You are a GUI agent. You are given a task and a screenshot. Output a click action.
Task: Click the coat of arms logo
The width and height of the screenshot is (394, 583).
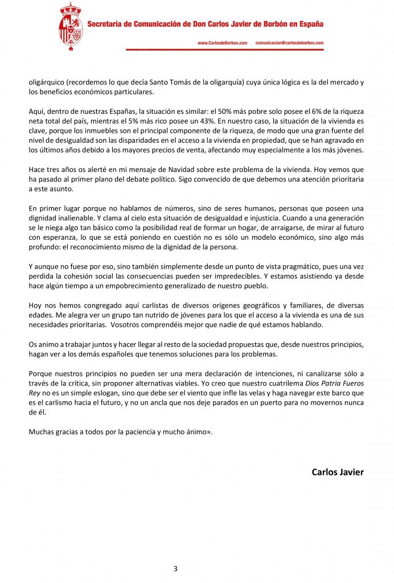point(71,28)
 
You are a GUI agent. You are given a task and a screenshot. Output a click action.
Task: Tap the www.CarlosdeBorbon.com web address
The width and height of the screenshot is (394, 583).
point(223,43)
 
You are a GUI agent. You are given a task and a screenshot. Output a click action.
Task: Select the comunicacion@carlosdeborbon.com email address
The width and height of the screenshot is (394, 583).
point(289,43)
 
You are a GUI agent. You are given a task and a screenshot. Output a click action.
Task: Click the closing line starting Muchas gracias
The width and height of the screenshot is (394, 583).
point(120,432)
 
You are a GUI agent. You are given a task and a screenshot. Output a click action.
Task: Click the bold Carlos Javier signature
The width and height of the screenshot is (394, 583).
point(338,472)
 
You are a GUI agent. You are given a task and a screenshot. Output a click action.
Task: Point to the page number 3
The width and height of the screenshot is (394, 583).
point(175,568)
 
